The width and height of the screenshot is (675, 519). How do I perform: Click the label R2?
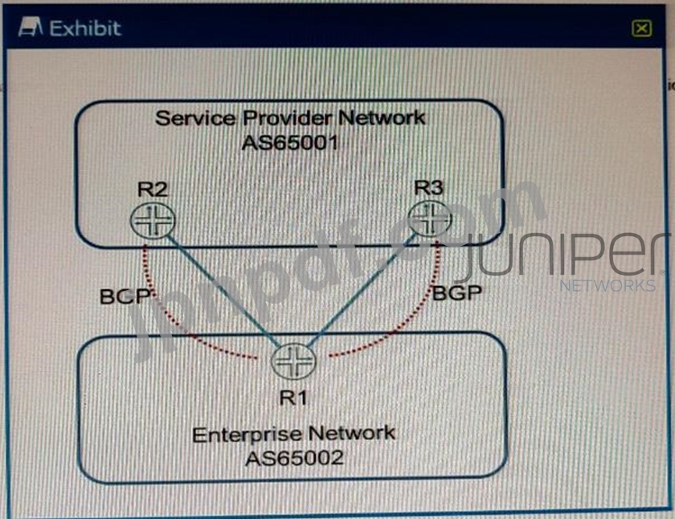(152, 190)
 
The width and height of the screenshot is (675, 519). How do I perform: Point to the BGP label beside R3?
(456, 292)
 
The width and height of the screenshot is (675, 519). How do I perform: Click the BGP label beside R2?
(125, 295)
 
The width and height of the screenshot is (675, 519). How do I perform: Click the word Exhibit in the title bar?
(84, 27)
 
